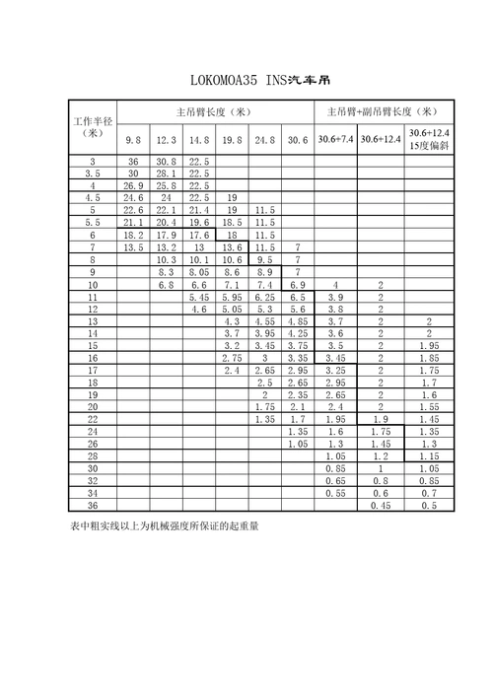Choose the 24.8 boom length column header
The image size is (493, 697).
pyautogui.click(x=264, y=140)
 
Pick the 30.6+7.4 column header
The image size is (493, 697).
pyautogui.click(x=335, y=140)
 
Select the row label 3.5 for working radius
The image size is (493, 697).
pyautogui.click(x=93, y=174)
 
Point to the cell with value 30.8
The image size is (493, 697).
pyautogui.click(x=167, y=162)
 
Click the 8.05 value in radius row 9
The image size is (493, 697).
pyautogui.click(x=199, y=272)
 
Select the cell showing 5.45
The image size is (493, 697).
pyautogui.click(x=199, y=297)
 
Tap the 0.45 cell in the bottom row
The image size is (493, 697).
pyautogui.click(x=381, y=506)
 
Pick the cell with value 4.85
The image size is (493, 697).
pyautogui.click(x=298, y=321)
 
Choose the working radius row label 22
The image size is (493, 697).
pyautogui.click(x=93, y=419)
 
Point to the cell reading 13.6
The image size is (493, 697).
pyautogui.click(x=232, y=247)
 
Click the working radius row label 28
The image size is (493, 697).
pyautogui.click(x=93, y=456)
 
